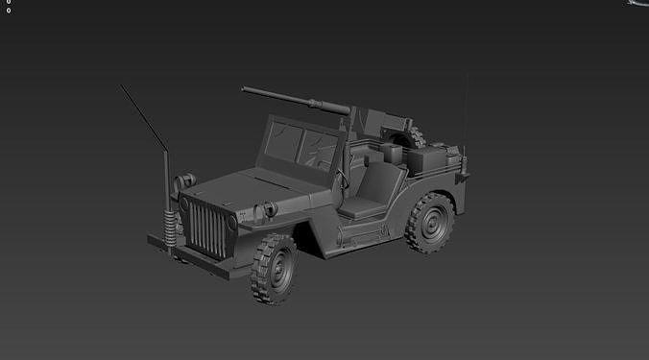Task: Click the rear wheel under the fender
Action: [x=430, y=223]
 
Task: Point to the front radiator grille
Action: [x=206, y=229]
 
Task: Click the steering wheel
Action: [x=342, y=173]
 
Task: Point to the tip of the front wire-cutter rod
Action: [x=122, y=86]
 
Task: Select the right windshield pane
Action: [x=322, y=149]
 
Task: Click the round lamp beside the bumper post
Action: [x=186, y=180]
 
